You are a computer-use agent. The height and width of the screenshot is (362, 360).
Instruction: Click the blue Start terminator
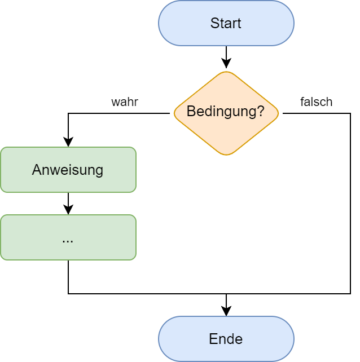pyautogui.click(x=226, y=23)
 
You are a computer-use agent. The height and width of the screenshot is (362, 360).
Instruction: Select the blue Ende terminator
pyautogui.click(x=226, y=339)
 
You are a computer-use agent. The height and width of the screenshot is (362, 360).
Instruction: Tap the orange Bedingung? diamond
pyautogui.click(x=226, y=113)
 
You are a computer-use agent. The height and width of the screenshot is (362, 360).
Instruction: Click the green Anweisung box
pyautogui.click(x=68, y=170)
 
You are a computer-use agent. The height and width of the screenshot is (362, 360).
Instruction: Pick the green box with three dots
pyautogui.click(x=68, y=237)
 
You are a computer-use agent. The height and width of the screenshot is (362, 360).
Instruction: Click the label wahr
pyautogui.click(x=125, y=102)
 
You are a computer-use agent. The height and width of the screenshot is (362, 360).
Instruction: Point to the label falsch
pyautogui.click(x=316, y=102)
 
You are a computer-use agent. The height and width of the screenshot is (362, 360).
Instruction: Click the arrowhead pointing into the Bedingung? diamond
pyautogui.click(x=226, y=64)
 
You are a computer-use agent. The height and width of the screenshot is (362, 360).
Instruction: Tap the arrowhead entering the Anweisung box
pyautogui.click(x=68, y=143)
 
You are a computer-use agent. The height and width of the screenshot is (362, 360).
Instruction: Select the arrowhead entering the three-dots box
pyautogui.click(x=68, y=210)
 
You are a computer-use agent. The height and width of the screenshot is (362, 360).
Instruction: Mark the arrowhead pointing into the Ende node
pyautogui.click(x=226, y=312)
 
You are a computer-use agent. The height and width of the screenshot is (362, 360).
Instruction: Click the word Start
pyautogui.click(x=226, y=23)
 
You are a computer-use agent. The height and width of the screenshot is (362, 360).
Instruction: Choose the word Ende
pyautogui.click(x=226, y=339)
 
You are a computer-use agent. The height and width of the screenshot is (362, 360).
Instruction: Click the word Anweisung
pyautogui.click(x=68, y=170)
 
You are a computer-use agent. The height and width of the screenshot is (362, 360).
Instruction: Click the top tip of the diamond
pyautogui.click(x=226, y=72)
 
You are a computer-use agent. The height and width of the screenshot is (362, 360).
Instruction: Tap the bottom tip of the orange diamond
pyautogui.click(x=226, y=154)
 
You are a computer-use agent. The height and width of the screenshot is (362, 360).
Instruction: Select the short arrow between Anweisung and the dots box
pyautogui.click(x=68, y=203)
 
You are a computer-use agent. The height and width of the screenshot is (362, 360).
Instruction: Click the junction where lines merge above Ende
pyautogui.click(x=226, y=294)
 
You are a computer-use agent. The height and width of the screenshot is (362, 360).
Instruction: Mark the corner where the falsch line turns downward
pyautogui.click(x=350, y=113)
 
